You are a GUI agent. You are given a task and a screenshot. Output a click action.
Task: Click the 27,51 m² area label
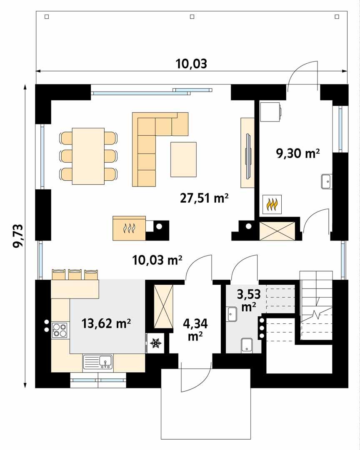[x=204, y=199]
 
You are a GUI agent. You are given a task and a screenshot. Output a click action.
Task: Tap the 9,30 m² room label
[x=297, y=154]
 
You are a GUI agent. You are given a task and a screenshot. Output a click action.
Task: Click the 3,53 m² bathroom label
[x=249, y=301]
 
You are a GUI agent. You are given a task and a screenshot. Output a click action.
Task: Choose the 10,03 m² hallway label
[x=157, y=261]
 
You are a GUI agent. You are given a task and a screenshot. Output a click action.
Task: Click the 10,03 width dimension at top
[x=191, y=64]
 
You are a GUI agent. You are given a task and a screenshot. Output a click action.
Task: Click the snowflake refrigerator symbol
[x=156, y=343]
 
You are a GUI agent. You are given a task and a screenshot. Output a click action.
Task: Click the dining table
[x=88, y=156]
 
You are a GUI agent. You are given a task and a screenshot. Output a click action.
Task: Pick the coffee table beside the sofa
[x=183, y=159]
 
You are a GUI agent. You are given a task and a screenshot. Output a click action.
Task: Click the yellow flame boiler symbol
[x=272, y=204]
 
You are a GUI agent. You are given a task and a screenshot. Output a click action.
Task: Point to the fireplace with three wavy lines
[x=129, y=228]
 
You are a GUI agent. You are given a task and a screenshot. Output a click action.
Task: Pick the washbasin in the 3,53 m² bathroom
[x=232, y=314]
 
